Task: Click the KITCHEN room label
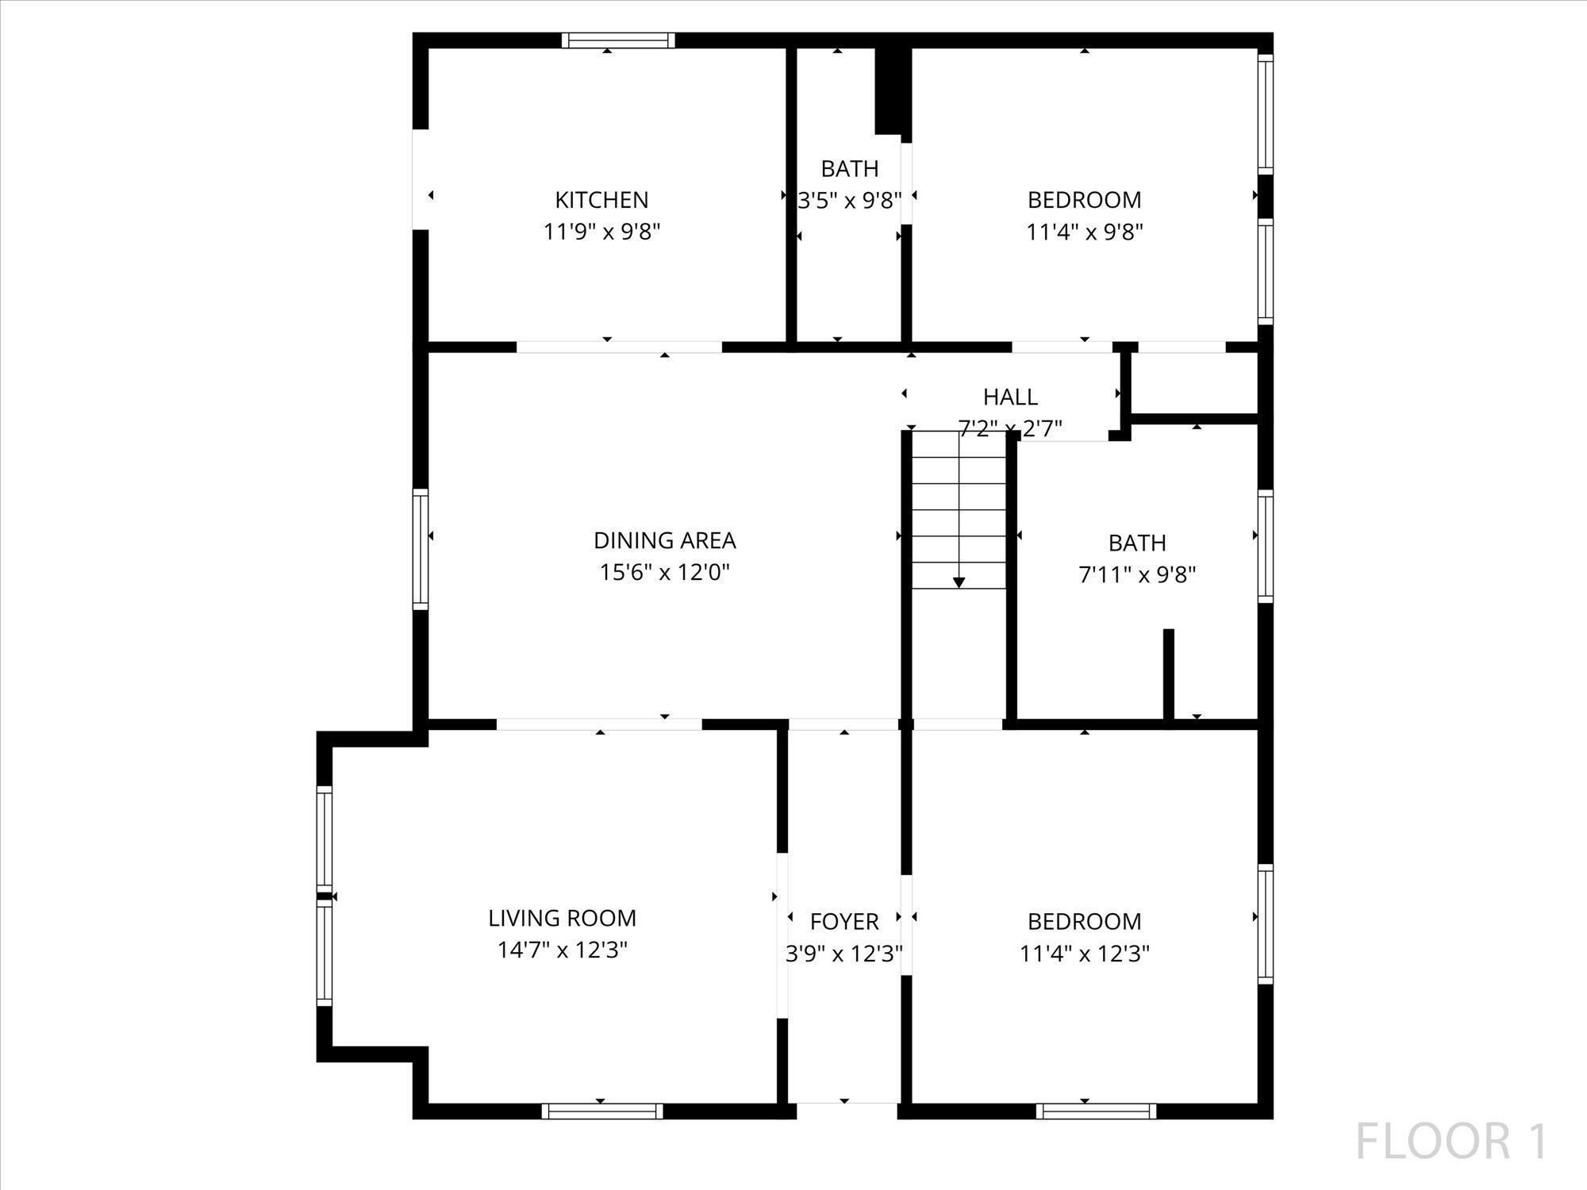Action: [601, 200]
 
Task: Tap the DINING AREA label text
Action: [664, 540]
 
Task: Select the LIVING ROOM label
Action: [562, 918]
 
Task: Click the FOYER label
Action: [844, 921]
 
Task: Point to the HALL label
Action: [1010, 397]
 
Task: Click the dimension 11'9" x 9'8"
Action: [601, 232]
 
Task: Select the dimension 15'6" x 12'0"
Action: [664, 572]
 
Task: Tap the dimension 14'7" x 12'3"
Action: [562, 950]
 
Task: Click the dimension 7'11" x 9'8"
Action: [1137, 574]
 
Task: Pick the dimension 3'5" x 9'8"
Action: [849, 201]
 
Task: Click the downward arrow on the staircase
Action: [959, 582]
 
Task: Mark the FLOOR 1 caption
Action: [1451, 1142]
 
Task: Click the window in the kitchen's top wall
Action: [618, 40]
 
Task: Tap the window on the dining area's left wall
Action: [421, 550]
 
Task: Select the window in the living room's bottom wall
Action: [602, 1111]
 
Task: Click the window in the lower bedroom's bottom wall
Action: [1095, 1111]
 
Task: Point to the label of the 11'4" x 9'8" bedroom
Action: [1084, 200]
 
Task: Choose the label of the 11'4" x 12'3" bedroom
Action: [1084, 921]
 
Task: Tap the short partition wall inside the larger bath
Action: [1168, 674]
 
